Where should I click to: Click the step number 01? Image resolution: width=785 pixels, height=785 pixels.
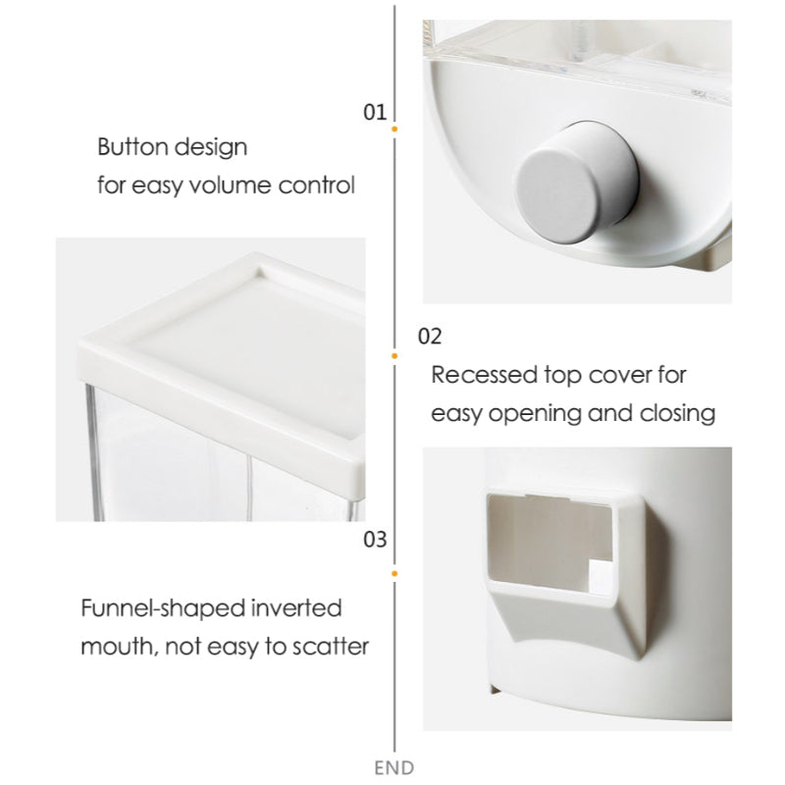click(x=375, y=112)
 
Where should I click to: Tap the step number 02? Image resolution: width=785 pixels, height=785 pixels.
click(x=430, y=337)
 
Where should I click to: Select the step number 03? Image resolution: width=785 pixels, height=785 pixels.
click(x=375, y=539)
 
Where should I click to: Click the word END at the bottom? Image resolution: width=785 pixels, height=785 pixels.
click(x=394, y=767)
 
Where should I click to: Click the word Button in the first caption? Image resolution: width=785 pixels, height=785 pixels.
click(x=132, y=148)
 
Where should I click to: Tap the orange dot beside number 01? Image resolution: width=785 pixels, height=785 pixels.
click(x=394, y=129)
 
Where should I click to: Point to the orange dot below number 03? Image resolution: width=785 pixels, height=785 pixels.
click(x=394, y=571)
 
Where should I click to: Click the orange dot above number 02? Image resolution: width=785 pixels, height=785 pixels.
click(x=394, y=354)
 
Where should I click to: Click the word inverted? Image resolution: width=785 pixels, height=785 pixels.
click(x=294, y=607)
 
